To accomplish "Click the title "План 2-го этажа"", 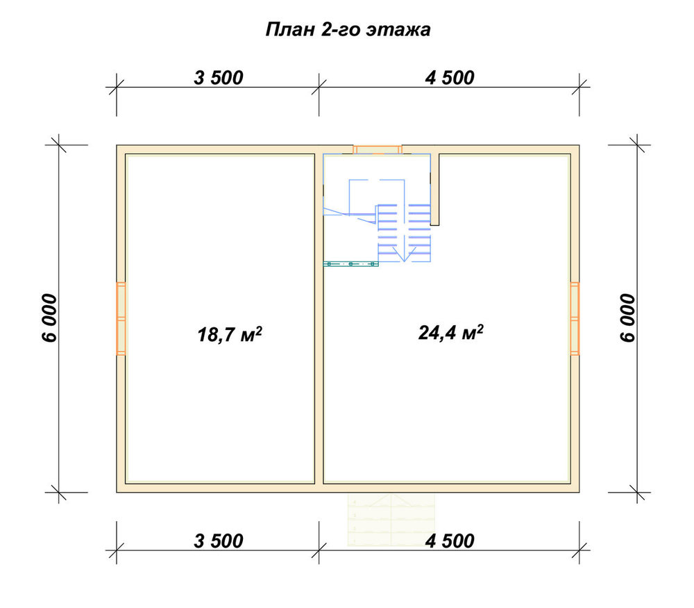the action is [x=348, y=30].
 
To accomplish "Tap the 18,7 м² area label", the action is [x=230, y=334].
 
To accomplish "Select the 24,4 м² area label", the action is [x=450, y=332].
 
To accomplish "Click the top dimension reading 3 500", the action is [x=219, y=78].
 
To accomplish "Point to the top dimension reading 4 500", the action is [x=450, y=78].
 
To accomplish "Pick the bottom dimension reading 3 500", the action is [x=219, y=541].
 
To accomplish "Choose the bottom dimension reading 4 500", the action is [x=450, y=541].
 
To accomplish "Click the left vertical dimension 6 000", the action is [x=50, y=318].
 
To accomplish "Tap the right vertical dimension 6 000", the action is [x=627, y=318].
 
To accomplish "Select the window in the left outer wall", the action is [x=121, y=319].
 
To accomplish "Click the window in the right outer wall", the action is [x=575, y=319].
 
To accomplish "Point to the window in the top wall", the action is [x=377, y=149].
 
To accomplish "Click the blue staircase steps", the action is [x=404, y=233].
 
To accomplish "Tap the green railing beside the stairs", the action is [x=350, y=263].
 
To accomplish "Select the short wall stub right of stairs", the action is [x=434, y=190].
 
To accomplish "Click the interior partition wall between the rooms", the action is [x=319, y=319].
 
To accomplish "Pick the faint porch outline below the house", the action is [x=391, y=519].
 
